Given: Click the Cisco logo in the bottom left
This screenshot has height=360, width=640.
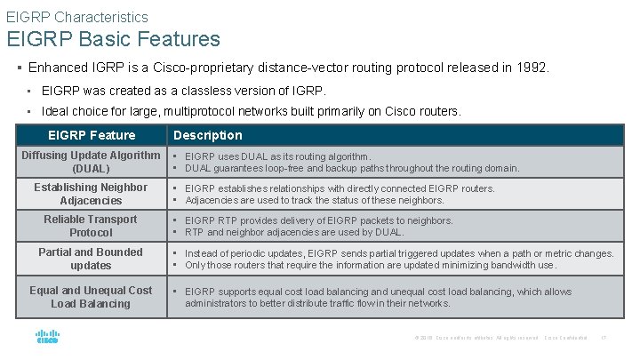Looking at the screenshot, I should pos(47,337).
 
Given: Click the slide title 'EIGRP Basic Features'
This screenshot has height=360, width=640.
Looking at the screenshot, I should pos(113,39).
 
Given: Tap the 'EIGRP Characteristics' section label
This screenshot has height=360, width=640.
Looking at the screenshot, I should pos(77,16).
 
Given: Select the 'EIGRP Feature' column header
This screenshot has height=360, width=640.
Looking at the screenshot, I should pos(92,135).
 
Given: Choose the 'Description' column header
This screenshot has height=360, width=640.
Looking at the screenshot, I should pos(207,135).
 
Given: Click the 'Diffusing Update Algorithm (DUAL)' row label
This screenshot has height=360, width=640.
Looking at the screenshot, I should pos(92,162).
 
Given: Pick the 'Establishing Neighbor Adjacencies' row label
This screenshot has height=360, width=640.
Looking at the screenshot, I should pos(91,194).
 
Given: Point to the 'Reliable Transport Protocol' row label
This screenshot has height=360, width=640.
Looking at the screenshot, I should pos(91,226).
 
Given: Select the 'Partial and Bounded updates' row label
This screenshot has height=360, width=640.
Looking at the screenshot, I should pos(91,259).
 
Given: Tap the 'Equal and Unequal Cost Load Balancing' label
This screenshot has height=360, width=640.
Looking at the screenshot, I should pos(91,297).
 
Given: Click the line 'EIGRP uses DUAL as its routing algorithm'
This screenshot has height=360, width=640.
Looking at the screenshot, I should pos(277,156).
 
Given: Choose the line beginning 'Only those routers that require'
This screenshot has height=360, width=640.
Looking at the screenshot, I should pos(371,265).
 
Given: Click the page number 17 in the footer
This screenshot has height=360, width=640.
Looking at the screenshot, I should pos(604,338).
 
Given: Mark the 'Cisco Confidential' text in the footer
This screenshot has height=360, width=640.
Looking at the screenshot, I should pos(565,338).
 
